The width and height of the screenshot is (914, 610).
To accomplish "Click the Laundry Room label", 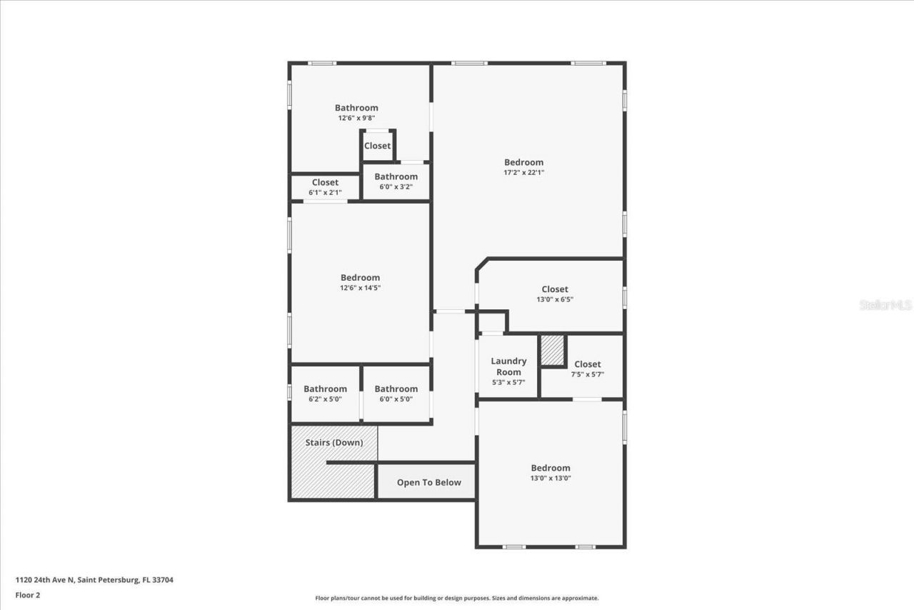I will (508, 366).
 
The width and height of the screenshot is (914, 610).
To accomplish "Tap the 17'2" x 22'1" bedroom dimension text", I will (524, 172).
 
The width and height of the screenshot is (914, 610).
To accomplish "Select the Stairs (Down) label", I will (333, 442).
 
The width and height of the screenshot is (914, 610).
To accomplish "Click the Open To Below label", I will (429, 482).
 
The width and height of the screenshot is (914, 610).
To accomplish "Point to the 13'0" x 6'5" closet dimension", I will (555, 299).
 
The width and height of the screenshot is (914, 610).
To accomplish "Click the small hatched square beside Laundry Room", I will (552, 350).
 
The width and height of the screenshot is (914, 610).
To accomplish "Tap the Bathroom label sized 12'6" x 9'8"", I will (356, 108).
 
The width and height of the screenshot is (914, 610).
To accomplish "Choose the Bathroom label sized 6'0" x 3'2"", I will (396, 176).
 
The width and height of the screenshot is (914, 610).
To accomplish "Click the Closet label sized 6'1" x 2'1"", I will (325, 182).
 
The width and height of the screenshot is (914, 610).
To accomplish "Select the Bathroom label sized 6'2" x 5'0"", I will (325, 389).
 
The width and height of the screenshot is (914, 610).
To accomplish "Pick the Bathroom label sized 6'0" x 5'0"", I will (396, 389).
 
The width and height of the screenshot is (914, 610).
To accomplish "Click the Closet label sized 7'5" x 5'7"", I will (587, 364).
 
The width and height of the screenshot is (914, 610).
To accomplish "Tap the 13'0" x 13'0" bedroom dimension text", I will (550, 478).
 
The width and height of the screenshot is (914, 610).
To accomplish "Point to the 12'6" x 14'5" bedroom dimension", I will (360, 288).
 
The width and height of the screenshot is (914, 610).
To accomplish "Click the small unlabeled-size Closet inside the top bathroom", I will (377, 146).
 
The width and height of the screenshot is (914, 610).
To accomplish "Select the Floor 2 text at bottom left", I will (28, 594).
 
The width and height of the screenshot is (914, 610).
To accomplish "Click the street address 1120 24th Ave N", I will (94, 580).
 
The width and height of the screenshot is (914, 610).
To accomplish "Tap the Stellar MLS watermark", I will (885, 305).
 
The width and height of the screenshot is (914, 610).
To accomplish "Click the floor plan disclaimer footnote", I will (457, 599).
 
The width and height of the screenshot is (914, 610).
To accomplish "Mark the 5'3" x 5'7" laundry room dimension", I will (508, 382).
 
